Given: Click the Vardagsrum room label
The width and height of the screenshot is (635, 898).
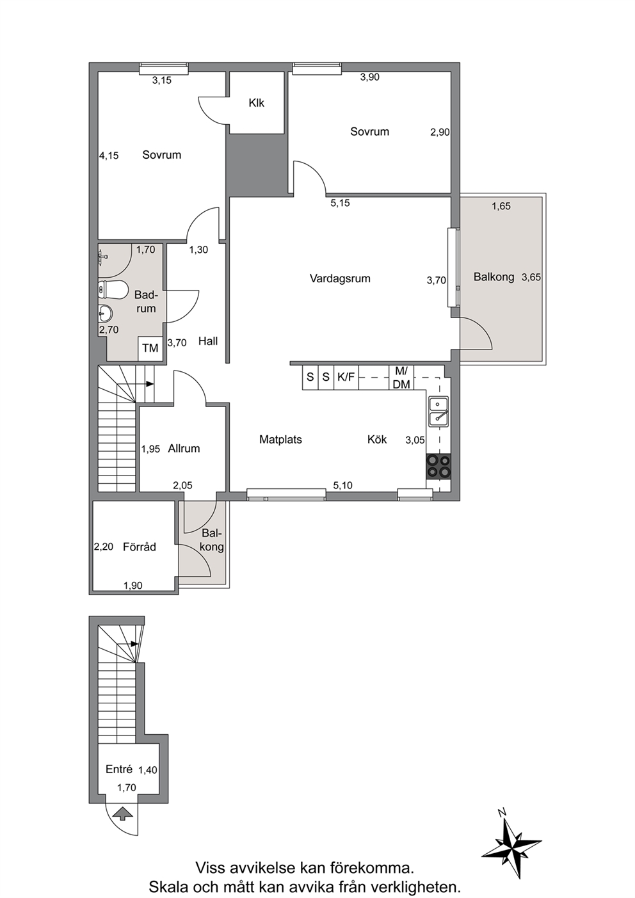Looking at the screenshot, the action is [x=340, y=278].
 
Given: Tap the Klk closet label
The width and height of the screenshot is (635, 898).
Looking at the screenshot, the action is [x=257, y=103].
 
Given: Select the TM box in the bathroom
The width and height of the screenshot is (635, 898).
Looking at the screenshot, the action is [x=150, y=348].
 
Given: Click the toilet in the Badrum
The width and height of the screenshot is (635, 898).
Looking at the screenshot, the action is [x=113, y=289].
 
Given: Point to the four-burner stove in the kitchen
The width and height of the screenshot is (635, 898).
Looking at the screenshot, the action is [x=438, y=466].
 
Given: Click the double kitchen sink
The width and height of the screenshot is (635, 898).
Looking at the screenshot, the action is [x=438, y=412].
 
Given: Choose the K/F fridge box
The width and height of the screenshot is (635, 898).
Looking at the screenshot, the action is [x=346, y=377].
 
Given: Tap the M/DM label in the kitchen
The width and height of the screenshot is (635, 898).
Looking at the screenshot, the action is [x=401, y=378].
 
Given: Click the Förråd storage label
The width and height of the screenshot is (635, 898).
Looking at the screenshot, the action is [x=139, y=547].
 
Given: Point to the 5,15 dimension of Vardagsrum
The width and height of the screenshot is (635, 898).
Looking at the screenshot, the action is [x=340, y=204].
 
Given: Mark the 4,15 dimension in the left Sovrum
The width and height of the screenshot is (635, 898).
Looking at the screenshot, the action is [x=109, y=156].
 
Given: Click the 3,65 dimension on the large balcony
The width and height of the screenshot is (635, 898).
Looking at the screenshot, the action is [x=531, y=277].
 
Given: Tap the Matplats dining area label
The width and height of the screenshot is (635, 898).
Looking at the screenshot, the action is [x=280, y=439].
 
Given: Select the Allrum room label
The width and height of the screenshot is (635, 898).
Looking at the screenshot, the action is [x=184, y=448].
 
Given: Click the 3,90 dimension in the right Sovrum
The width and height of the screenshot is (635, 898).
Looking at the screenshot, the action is [x=369, y=77].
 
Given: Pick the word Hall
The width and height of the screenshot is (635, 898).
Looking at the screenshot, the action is [x=208, y=341].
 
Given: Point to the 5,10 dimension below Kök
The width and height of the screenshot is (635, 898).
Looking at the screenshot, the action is [x=342, y=485].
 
